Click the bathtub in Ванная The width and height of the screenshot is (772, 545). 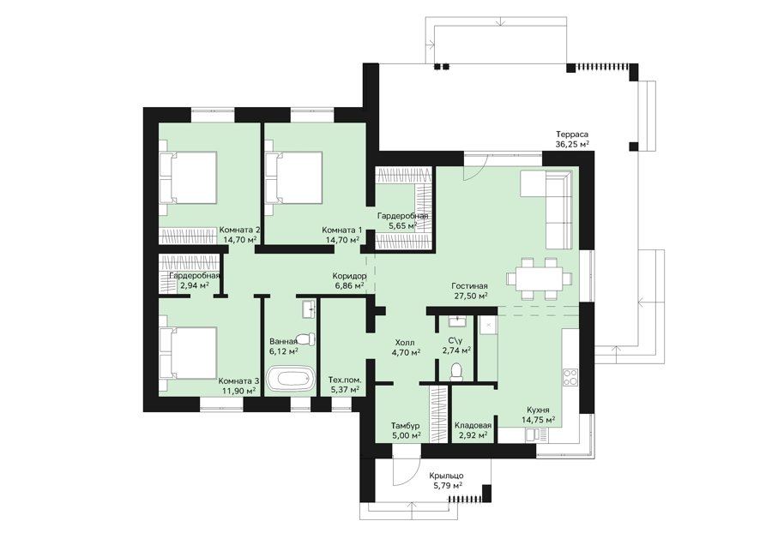coord(291,379)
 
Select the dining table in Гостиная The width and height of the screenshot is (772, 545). coord(540,278)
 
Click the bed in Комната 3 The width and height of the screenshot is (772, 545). coord(188,353)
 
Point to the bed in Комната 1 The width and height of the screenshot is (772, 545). coord(293,177)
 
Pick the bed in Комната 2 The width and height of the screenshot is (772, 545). coord(188,177)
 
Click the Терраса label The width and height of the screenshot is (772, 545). coord(572,134)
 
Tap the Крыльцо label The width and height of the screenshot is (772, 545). coord(446,476)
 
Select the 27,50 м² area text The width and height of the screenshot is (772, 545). coord(471,296)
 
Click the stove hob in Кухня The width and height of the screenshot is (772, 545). coord(570,378)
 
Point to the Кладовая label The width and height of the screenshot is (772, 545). coord(473,426)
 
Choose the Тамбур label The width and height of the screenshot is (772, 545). coord(405,426)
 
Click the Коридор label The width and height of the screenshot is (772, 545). coord(348,276)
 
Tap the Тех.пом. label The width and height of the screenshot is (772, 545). coord(345,380)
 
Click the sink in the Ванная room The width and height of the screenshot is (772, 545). coord(309,308)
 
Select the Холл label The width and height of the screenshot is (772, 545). coord(405,343)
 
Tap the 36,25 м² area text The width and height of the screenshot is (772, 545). coord(572,144)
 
